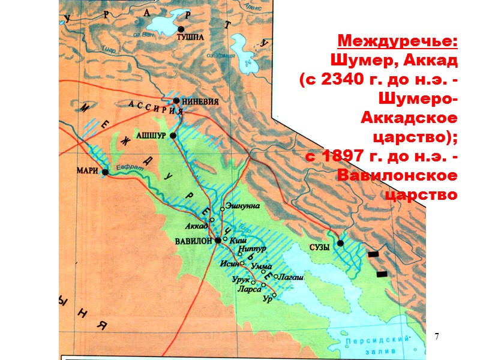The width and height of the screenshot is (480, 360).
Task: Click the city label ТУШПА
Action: point(191,37)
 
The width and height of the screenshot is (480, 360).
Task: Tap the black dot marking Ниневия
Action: point(176,101)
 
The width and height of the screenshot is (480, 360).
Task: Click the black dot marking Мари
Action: point(105,172)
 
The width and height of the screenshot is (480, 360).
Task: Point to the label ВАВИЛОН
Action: point(193,241)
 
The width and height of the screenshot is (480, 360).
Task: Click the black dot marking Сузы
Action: point(340,243)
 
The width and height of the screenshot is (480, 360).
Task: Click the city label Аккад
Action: point(196,226)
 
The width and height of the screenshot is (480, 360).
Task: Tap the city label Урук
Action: point(241,280)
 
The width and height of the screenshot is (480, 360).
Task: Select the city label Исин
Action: point(229,263)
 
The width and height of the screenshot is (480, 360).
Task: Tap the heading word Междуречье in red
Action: point(398,42)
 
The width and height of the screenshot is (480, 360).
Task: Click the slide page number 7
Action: point(437,337)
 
